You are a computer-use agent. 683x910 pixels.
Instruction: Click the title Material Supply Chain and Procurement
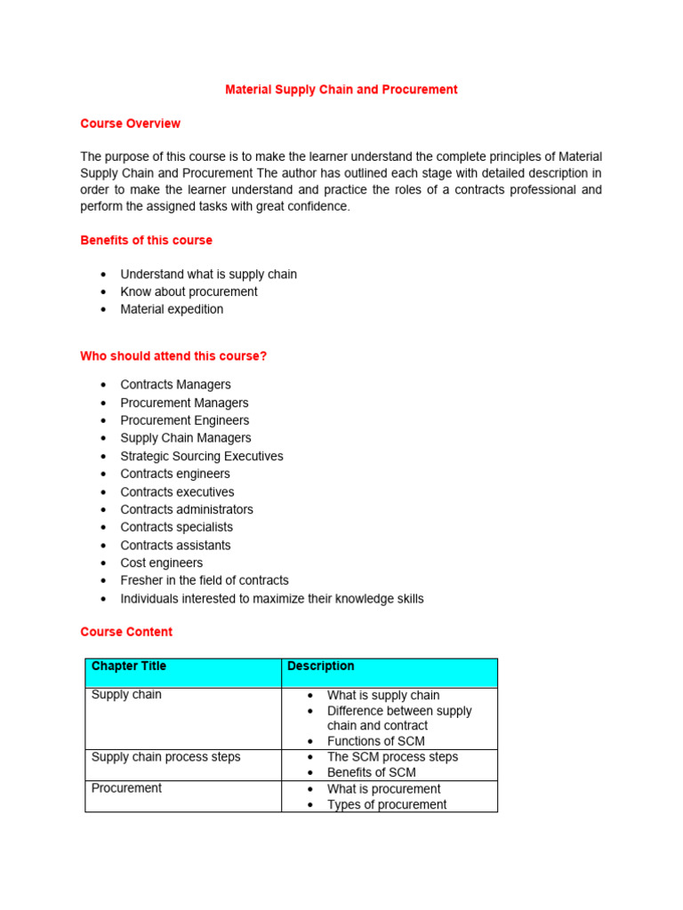(x=341, y=90)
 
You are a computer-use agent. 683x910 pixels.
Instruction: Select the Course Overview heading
(x=130, y=124)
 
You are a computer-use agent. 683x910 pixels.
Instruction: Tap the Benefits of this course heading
(x=146, y=240)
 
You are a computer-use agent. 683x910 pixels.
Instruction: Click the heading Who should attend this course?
(x=173, y=356)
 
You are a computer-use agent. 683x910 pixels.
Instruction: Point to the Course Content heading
(x=126, y=632)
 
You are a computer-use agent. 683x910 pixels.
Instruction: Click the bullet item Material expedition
(x=172, y=309)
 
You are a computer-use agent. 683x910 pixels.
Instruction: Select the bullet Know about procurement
(x=189, y=291)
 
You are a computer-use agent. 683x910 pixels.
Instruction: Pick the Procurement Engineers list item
(x=185, y=420)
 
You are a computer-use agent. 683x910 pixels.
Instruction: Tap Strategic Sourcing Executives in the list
(x=202, y=456)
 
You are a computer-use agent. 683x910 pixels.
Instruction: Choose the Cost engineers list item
(x=161, y=563)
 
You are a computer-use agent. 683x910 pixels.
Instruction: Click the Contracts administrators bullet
(x=187, y=509)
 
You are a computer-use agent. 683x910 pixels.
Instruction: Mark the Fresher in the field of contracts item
(x=205, y=580)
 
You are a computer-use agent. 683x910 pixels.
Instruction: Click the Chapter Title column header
(x=129, y=667)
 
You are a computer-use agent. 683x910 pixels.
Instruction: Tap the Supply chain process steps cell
(x=165, y=757)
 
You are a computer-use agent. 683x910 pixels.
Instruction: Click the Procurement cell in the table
(x=126, y=788)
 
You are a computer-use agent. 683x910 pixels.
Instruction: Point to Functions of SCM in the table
(x=375, y=741)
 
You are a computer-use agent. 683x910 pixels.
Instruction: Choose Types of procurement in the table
(x=387, y=804)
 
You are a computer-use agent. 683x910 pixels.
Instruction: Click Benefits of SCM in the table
(x=371, y=772)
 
